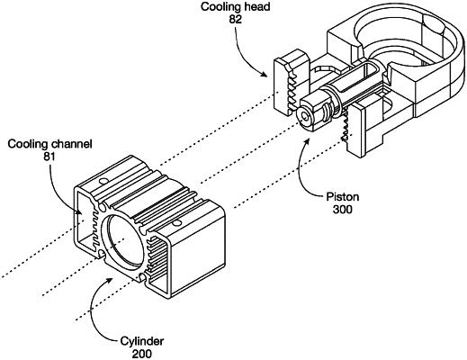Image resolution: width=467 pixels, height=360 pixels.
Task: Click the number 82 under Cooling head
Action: [x=236, y=19]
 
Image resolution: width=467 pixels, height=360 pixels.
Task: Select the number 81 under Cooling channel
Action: [x=49, y=157]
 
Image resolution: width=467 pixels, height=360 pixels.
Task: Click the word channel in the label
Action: [x=71, y=144]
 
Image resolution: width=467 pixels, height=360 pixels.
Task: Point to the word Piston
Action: [x=343, y=197]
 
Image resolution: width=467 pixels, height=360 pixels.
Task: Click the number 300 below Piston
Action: [x=343, y=210]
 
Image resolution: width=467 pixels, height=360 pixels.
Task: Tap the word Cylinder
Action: [x=142, y=341]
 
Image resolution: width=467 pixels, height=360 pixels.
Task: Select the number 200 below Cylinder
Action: [x=142, y=354]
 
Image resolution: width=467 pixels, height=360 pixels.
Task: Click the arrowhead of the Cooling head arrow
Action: [x=265, y=74]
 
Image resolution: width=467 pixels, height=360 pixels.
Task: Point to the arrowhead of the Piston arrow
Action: [x=307, y=141]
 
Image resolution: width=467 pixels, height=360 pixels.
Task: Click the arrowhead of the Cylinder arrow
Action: [x=110, y=280]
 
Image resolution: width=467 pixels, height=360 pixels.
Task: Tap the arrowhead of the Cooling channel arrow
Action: [x=79, y=212]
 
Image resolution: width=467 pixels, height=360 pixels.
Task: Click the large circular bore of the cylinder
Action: [x=124, y=241]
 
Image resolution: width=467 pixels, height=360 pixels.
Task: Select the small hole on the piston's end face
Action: [x=305, y=116]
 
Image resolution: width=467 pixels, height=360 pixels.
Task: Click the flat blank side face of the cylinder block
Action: [x=197, y=250]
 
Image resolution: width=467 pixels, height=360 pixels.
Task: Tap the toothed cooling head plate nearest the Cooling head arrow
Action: [x=291, y=82]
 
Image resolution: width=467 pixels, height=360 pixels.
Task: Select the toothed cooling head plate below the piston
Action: [x=355, y=129]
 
